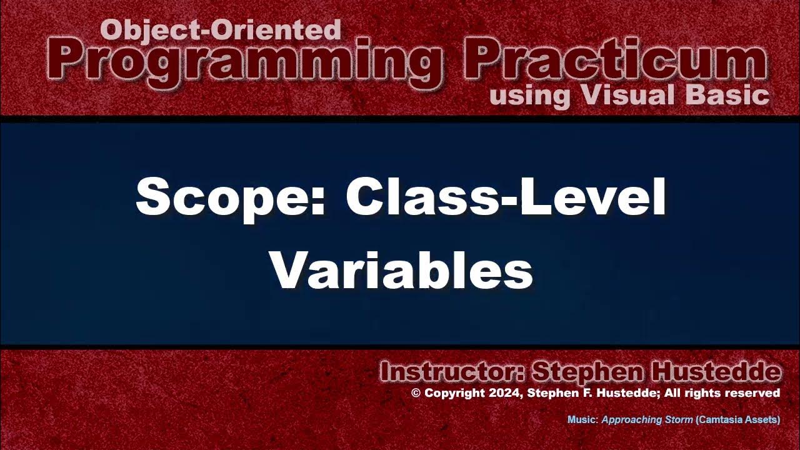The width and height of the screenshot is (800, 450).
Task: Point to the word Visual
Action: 628,96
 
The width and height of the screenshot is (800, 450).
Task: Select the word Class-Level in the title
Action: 506,197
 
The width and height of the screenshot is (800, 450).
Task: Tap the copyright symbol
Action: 416,393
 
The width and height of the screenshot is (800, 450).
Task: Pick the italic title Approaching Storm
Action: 647,419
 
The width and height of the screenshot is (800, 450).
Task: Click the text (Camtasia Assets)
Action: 737,419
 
